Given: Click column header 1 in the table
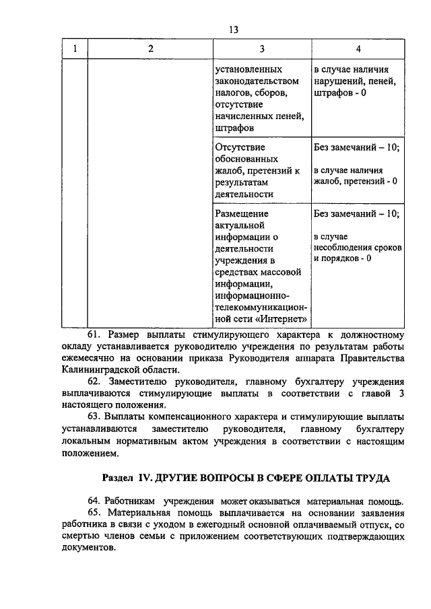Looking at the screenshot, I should (75, 48).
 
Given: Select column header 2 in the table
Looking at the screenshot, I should (150, 48).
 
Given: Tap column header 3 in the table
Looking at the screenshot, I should (261, 48).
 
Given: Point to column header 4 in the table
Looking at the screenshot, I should (358, 48).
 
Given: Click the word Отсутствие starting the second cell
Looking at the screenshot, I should (239, 146).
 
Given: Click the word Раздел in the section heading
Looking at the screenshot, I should (117, 477).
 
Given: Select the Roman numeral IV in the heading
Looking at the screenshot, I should (145, 477).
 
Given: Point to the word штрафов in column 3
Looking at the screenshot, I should (235, 128).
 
